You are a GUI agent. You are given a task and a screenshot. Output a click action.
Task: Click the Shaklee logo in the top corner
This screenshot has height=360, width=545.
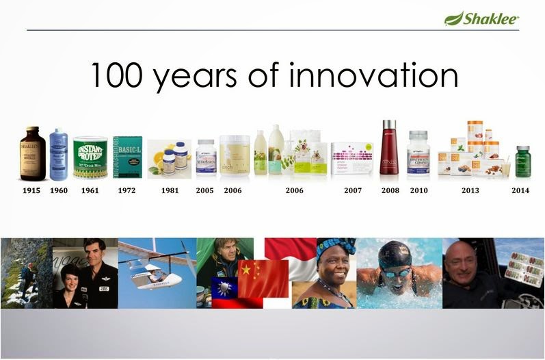(x=481, y=18)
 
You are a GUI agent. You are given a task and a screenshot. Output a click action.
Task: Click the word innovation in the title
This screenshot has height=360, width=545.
(x=373, y=76)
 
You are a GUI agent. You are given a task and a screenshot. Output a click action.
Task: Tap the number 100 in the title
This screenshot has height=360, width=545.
(x=118, y=76)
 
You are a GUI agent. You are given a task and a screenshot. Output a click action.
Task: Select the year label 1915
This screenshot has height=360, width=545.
(x=30, y=190)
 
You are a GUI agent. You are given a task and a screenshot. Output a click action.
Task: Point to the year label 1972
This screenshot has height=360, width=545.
(x=126, y=190)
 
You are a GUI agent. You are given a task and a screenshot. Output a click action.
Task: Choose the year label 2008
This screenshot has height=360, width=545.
(x=390, y=190)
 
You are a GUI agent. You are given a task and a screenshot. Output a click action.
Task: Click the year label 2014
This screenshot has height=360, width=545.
(x=520, y=190)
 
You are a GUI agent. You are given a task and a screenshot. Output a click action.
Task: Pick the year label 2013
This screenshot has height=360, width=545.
(x=470, y=190)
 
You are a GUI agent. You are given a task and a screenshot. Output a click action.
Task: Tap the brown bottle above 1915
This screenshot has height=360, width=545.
(x=32, y=154)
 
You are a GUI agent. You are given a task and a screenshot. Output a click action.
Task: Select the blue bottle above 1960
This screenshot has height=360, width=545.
(x=58, y=155)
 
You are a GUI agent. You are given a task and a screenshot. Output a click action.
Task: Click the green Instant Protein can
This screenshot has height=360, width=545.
(x=90, y=157)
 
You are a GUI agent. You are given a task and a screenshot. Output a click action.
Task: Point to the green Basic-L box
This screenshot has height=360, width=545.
(x=127, y=157)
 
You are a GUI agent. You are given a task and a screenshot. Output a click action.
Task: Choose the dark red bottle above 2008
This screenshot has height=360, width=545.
(x=388, y=149)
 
